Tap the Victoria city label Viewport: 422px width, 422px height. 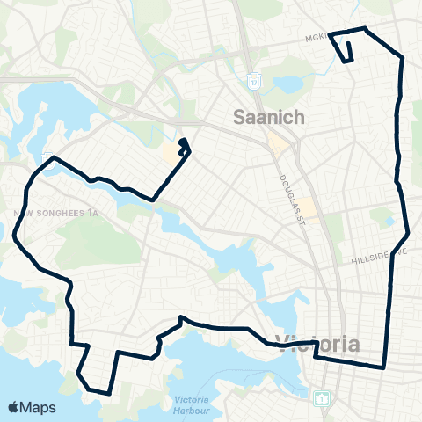318,343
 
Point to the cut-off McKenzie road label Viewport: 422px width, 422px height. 316,39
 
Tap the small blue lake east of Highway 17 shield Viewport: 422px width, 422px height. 288,85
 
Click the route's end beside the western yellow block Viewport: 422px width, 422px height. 181,142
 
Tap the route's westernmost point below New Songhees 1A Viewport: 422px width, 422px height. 14,236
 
